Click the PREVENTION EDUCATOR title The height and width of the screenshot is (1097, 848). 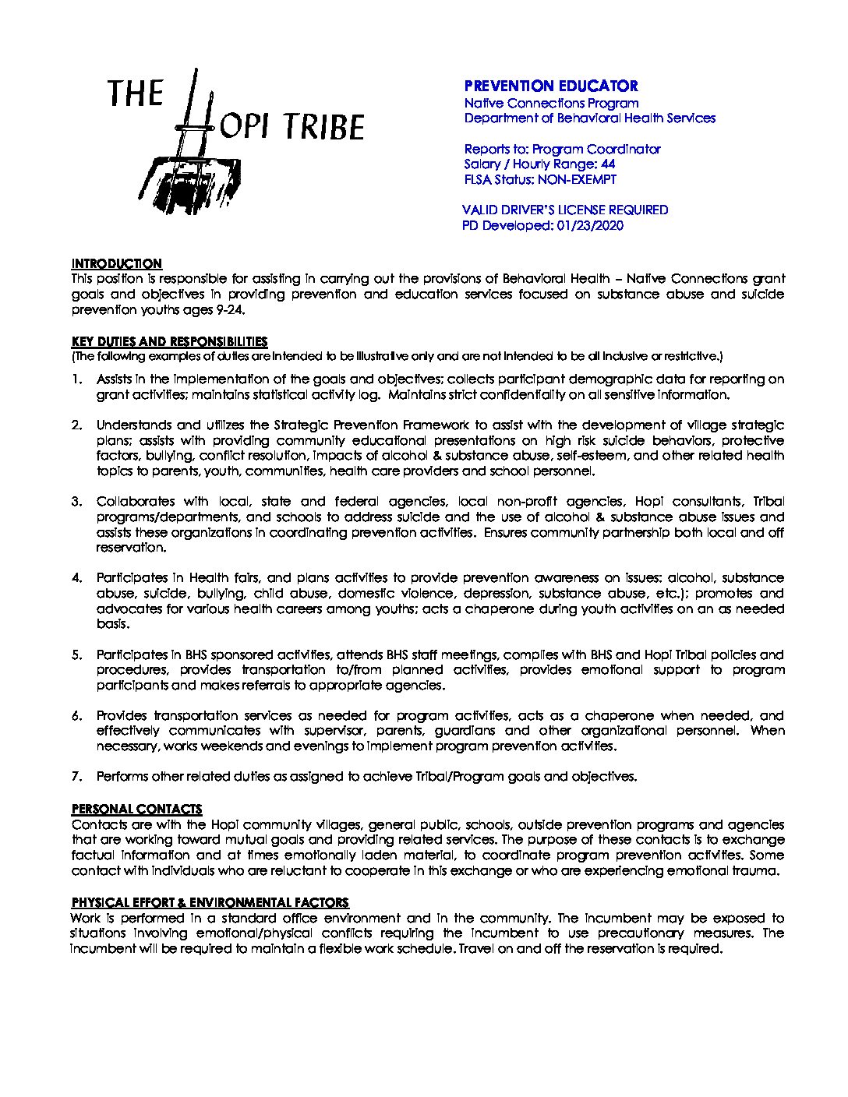tap(551, 86)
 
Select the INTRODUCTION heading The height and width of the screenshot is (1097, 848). tap(117, 263)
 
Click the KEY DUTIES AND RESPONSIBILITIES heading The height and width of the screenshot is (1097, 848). tap(169, 341)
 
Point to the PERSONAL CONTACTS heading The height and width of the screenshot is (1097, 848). tap(136, 809)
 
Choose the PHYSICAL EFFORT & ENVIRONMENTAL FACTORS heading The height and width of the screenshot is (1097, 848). tap(210, 902)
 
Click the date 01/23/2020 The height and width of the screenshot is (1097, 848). tap(591, 226)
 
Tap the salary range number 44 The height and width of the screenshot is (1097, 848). tap(609, 164)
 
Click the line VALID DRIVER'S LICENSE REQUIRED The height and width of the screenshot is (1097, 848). tap(565, 210)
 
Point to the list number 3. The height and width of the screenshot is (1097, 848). tap(77, 502)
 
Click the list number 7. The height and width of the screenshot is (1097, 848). tap(77, 777)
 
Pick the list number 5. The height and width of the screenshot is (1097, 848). tap(77, 655)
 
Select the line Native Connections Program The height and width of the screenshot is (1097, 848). tap(551, 103)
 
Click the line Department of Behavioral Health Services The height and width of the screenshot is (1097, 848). tap(589, 118)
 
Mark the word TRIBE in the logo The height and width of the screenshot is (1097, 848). tap(323, 128)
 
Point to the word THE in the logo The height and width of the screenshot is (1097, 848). tap(136, 93)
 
